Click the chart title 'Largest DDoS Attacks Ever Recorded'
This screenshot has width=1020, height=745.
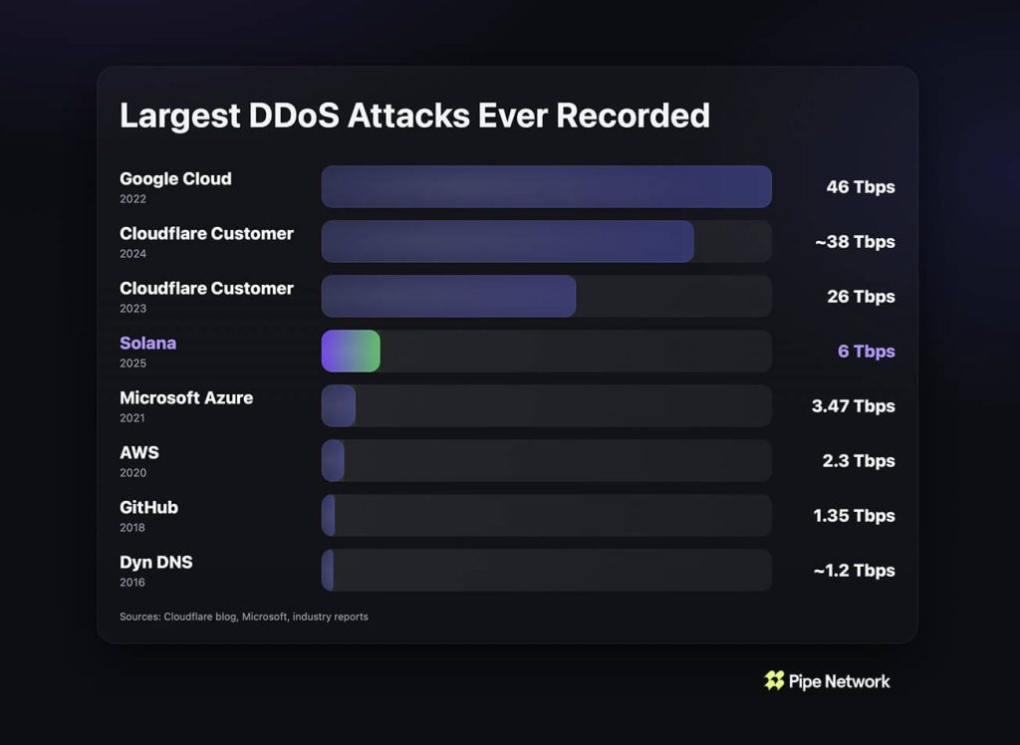point(414,115)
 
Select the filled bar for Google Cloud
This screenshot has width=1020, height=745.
point(546,186)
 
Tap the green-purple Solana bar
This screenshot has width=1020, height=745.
point(350,351)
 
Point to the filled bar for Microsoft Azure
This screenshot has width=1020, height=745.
point(338,405)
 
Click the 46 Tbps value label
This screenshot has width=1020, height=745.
point(860,187)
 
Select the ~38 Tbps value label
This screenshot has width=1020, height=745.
point(854,242)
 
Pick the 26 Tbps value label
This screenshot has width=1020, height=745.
point(860,297)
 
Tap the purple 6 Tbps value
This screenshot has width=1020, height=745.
point(866,352)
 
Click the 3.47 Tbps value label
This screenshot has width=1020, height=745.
point(854,406)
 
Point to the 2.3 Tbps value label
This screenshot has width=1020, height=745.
point(859,461)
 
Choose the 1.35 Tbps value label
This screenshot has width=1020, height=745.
point(854,516)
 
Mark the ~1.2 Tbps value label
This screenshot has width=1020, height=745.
point(854,571)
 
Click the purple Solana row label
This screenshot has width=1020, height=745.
point(147,343)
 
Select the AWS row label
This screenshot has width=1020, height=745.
point(139,452)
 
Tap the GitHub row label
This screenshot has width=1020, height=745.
point(148,507)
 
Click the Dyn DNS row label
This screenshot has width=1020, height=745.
point(156,562)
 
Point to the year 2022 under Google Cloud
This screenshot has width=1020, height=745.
point(132,199)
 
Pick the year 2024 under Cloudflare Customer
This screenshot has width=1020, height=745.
point(132,254)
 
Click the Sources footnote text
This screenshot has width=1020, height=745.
point(243,617)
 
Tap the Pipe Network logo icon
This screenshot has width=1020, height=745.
point(774,680)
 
